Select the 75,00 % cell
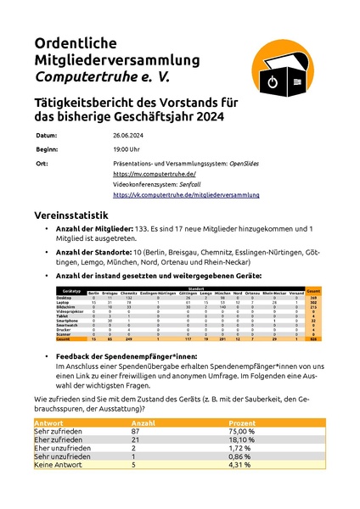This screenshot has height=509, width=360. (x=235, y=432)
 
